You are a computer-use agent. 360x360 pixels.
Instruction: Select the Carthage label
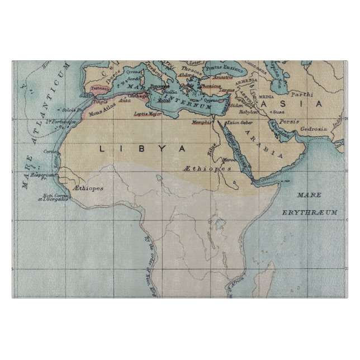(x=140, y=96)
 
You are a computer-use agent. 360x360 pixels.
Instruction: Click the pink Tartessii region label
(x=98, y=88)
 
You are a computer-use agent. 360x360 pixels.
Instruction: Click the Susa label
(x=277, y=111)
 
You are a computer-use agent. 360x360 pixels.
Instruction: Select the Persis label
(x=288, y=121)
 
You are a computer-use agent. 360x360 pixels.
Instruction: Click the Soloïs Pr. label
(x=69, y=109)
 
